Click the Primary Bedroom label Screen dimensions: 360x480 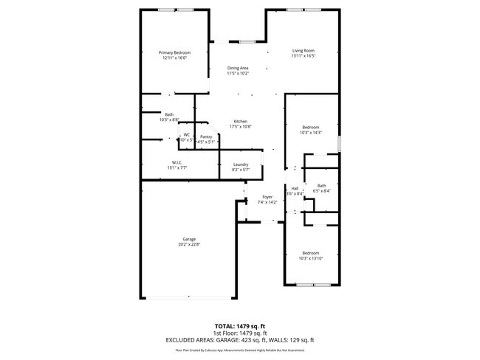(x=176, y=52)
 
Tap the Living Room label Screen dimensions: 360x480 (x=303, y=51)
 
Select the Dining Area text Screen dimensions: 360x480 (x=238, y=68)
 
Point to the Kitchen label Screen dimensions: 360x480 (x=241, y=122)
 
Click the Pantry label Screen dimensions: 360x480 (x=206, y=136)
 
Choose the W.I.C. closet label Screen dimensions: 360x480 (x=177, y=162)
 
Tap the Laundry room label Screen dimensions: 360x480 (x=241, y=165)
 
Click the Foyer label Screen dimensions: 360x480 (x=266, y=197)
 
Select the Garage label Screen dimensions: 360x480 (x=190, y=239)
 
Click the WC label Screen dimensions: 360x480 (x=187, y=134)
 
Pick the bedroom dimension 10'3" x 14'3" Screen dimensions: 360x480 (x=310, y=133)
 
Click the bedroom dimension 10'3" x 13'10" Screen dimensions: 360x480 (x=310, y=257)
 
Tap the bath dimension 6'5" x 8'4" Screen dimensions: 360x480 (x=321, y=191)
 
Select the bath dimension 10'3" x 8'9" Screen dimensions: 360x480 (x=169, y=120)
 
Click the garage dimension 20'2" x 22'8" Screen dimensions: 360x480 (x=190, y=245)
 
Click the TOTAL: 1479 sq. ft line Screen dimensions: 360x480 (x=239, y=325)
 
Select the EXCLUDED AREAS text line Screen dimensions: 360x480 (x=239, y=339)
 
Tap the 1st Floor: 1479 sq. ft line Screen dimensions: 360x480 (x=239, y=333)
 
